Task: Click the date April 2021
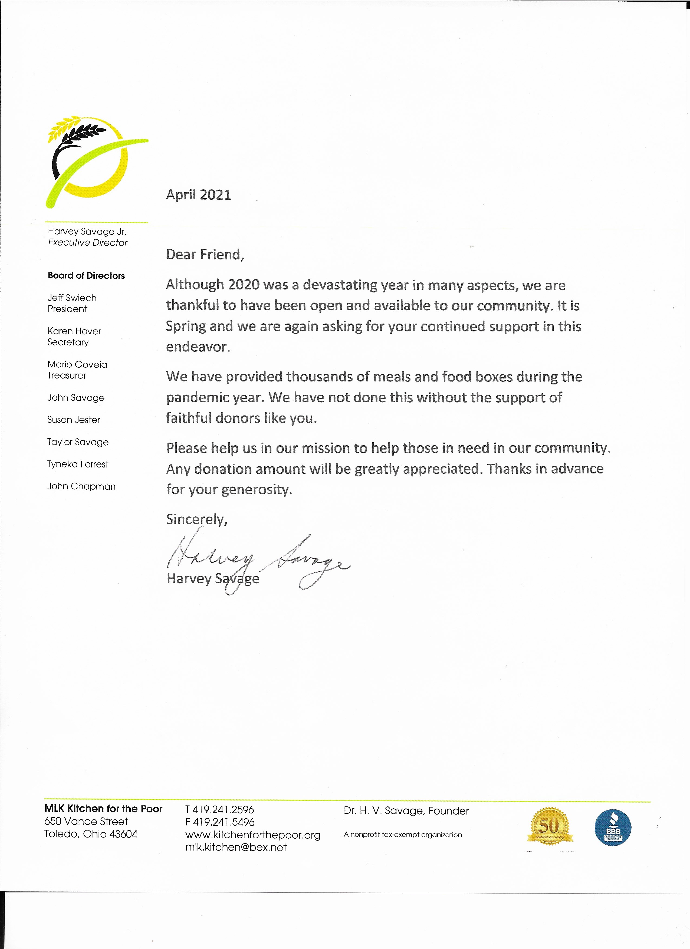[x=198, y=195]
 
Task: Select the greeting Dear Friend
[x=205, y=254]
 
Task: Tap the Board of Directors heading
[x=86, y=276]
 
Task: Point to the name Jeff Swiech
[x=72, y=298]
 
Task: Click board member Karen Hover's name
[x=74, y=331]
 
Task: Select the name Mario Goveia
[x=77, y=364]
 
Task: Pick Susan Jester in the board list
[x=74, y=420]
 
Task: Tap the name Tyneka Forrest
[x=78, y=464]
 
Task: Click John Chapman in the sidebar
[x=81, y=486]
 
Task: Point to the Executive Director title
[x=87, y=243]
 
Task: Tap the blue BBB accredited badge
[x=613, y=828]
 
